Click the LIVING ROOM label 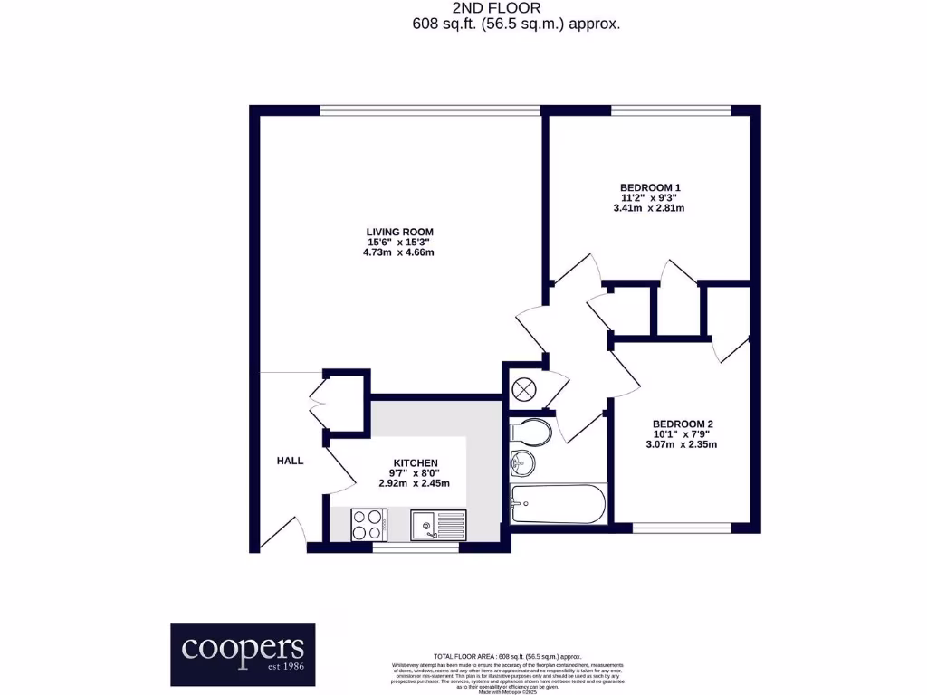tap(399, 232)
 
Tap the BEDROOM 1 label tap(647, 187)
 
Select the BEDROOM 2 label tap(683, 424)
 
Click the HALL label tap(290, 461)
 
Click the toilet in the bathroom tap(530, 432)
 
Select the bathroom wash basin tap(522, 463)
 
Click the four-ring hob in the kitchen tap(369, 525)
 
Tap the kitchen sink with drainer tap(438, 525)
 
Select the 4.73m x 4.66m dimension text tap(399, 252)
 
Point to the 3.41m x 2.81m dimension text tap(647, 208)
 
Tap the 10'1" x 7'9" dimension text tap(683, 434)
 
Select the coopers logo tap(244, 653)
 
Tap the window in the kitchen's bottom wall tap(404, 547)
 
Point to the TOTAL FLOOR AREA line tap(508, 656)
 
